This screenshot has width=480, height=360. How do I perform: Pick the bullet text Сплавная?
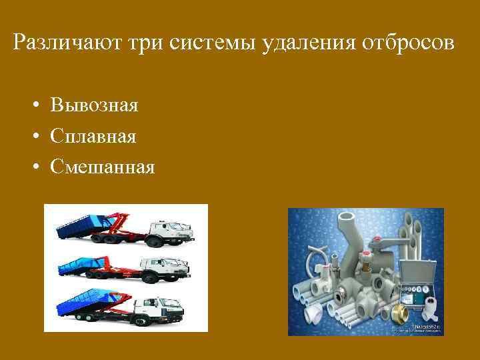93,137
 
